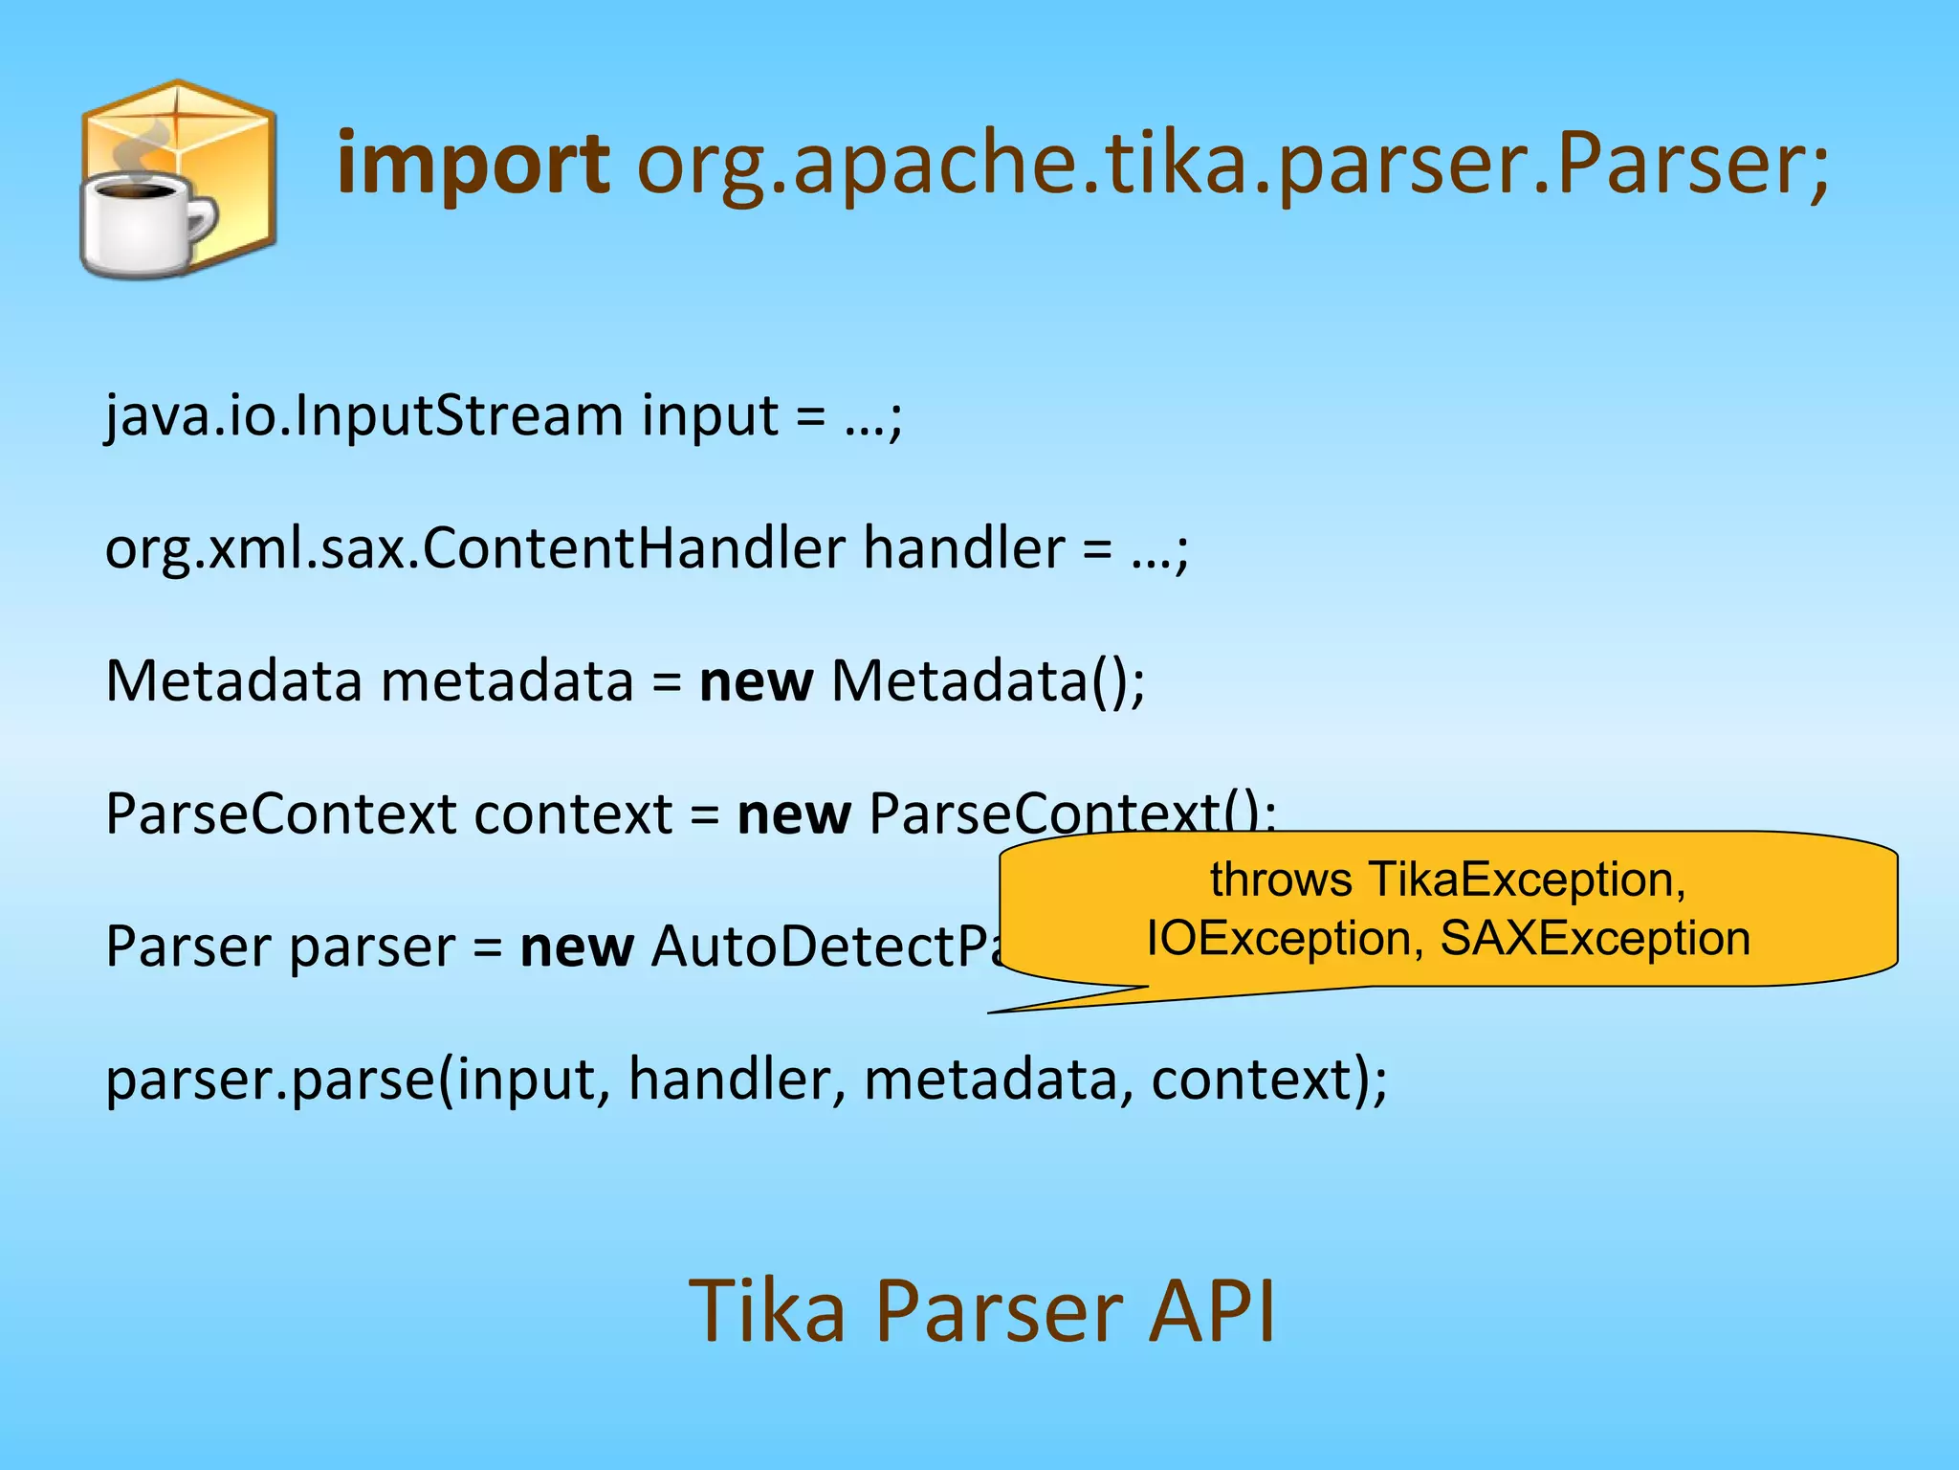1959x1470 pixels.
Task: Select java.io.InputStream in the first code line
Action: pos(363,416)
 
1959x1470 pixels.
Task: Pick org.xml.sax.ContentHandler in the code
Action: pos(475,548)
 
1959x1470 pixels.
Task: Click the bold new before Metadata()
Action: pos(756,681)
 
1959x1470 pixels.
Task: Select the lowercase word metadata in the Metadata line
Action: pos(507,681)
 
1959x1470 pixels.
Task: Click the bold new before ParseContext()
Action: pos(793,814)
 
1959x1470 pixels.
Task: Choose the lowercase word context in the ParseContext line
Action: pos(573,814)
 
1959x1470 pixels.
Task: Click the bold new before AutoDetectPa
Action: pos(576,947)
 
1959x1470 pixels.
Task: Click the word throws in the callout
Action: pos(1281,880)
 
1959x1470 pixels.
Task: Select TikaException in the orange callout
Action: pos(1526,880)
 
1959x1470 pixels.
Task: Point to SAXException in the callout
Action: pos(1595,939)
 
